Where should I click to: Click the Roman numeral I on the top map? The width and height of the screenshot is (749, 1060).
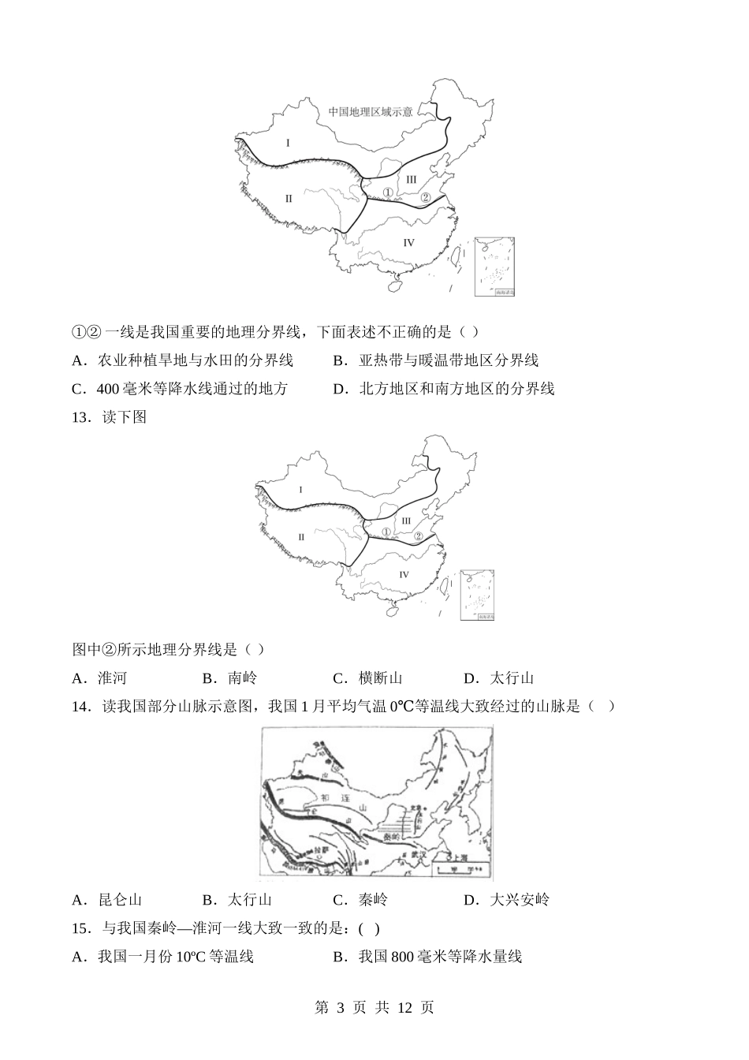(x=289, y=143)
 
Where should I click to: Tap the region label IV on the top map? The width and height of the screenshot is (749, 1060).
(x=408, y=242)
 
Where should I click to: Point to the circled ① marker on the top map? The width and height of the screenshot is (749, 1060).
(x=387, y=192)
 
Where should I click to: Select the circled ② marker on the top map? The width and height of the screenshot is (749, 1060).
(x=425, y=197)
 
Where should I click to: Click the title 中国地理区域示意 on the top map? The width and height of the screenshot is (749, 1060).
(x=371, y=111)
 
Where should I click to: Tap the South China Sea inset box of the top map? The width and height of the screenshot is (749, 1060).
(x=495, y=266)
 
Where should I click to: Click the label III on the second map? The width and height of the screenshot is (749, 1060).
(x=406, y=521)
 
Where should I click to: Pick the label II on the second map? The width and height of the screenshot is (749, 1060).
(x=300, y=537)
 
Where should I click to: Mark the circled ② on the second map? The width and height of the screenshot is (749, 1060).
(x=419, y=536)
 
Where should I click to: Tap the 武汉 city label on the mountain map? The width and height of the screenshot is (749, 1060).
(x=417, y=853)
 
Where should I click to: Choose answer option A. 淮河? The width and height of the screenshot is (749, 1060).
(x=100, y=678)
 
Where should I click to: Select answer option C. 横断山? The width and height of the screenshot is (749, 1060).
(x=367, y=678)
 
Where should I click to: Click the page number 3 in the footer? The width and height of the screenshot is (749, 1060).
(x=341, y=1008)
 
